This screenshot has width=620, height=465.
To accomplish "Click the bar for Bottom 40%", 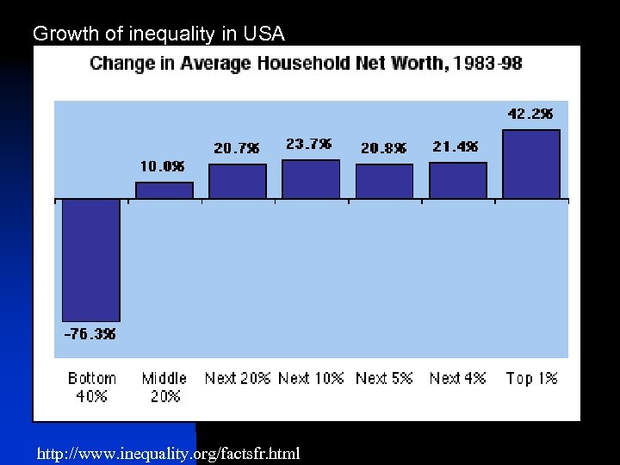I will pyautogui.click(x=90, y=260).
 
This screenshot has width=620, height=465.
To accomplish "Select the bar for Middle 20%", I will pyautogui.click(x=164, y=190).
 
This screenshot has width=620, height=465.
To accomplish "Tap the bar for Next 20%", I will pyautogui.click(x=238, y=182).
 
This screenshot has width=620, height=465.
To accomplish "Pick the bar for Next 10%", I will pyautogui.click(x=311, y=179).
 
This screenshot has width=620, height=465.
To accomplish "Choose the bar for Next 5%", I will pyautogui.click(x=384, y=182).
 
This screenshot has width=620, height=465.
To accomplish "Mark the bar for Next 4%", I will pyautogui.click(x=457, y=181).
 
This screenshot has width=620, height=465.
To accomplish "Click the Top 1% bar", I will pyautogui.click(x=530, y=164).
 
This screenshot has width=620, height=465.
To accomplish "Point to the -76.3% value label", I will pyautogui.click(x=90, y=334).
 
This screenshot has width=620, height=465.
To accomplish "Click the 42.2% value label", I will pyautogui.click(x=530, y=114).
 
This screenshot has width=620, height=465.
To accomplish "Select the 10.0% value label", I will pyautogui.click(x=163, y=166).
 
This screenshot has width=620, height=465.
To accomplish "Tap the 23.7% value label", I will pyautogui.click(x=309, y=145).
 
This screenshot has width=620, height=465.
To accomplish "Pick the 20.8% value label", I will pyautogui.click(x=384, y=148).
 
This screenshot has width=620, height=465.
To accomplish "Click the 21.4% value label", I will pyautogui.click(x=456, y=147).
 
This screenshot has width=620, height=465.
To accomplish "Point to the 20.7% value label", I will pyautogui.click(x=237, y=148).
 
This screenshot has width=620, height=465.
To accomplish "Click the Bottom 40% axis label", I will pyautogui.click(x=91, y=387).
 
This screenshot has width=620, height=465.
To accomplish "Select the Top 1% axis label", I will pyautogui.click(x=531, y=378).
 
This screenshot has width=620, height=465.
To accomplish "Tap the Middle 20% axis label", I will pyautogui.click(x=164, y=387).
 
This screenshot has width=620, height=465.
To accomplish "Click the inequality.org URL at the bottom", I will pyautogui.click(x=169, y=453).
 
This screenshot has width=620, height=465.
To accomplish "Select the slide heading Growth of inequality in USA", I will pyautogui.click(x=158, y=34).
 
